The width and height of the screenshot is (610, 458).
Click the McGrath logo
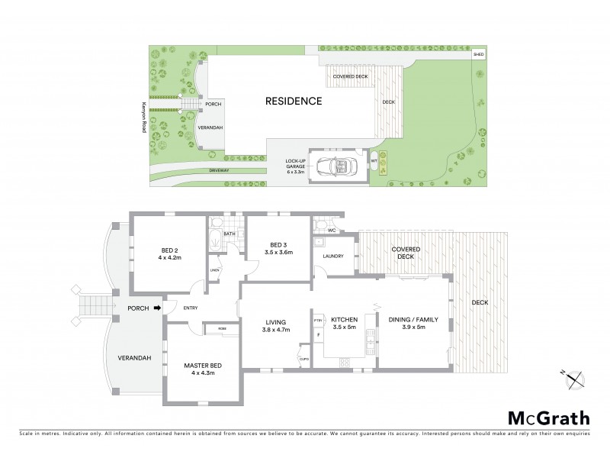549,418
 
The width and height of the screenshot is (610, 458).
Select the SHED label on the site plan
478,55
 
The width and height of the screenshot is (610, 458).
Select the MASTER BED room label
201,369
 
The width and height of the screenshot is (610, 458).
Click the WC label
331,229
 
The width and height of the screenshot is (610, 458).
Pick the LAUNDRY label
334,256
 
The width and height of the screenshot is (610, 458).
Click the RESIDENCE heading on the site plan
293,101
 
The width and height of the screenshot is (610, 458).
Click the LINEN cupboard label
215,269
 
